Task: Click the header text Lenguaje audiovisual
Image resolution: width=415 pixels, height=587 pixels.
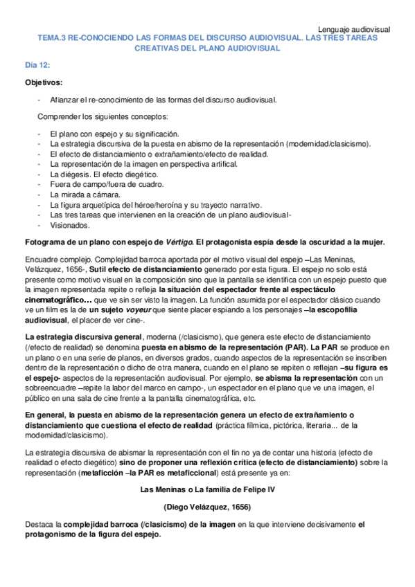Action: click(x=353, y=29)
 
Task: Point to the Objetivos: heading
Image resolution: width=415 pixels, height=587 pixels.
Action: click(x=44, y=82)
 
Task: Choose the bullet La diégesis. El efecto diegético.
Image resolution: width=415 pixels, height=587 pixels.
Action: click(x=104, y=174)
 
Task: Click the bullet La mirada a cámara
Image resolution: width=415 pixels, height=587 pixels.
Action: click(x=87, y=195)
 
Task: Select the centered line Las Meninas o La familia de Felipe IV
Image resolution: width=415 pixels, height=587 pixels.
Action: click(x=206, y=489)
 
